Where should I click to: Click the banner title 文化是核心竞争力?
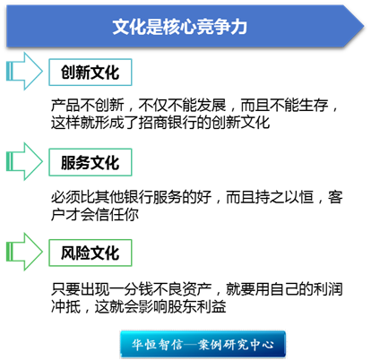[180, 27]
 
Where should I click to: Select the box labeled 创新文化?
[91, 73]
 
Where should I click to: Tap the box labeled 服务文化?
[91, 162]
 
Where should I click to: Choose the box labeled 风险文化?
[91, 253]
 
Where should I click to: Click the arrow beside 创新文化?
[24, 72]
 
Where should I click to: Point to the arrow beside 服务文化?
[24, 161]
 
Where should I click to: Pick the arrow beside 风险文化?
[24, 252]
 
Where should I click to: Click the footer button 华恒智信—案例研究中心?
[203, 344]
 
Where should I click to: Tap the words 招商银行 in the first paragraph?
[168, 123]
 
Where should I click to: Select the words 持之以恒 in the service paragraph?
[285, 197]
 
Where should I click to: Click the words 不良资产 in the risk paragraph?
[183, 289]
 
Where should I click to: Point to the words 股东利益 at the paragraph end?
[197, 306]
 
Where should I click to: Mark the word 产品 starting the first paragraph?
[65, 105]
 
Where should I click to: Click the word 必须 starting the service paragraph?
[65, 197]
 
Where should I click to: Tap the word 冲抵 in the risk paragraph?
[65, 306]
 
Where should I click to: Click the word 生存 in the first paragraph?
[314, 105]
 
